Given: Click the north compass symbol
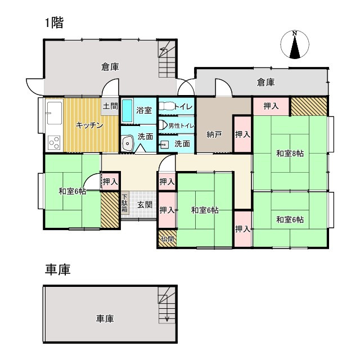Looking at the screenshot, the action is (x=295, y=44).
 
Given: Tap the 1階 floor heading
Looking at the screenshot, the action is (x=54, y=23).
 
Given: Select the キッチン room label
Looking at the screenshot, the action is (x=89, y=125).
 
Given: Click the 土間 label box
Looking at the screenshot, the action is (x=110, y=106).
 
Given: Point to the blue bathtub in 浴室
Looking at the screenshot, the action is (x=127, y=110).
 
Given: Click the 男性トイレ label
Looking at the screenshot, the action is (x=181, y=126).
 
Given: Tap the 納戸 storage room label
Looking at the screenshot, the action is (x=214, y=135).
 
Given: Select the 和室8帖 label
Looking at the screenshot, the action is (x=290, y=154).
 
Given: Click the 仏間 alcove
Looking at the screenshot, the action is (x=168, y=239).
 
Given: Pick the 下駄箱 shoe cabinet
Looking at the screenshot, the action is (x=124, y=204).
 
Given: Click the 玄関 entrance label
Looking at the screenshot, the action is (x=145, y=205).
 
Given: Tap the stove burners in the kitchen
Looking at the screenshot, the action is (x=54, y=143).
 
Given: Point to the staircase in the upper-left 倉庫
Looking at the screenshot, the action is (x=167, y=59).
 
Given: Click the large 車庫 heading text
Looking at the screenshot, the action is (x=57, y=269).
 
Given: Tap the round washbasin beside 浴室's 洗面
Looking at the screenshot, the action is (x=128, y=143).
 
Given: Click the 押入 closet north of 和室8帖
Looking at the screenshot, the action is (x=271, y=106).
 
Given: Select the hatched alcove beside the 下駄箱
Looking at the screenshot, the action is (x=110, y=210).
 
